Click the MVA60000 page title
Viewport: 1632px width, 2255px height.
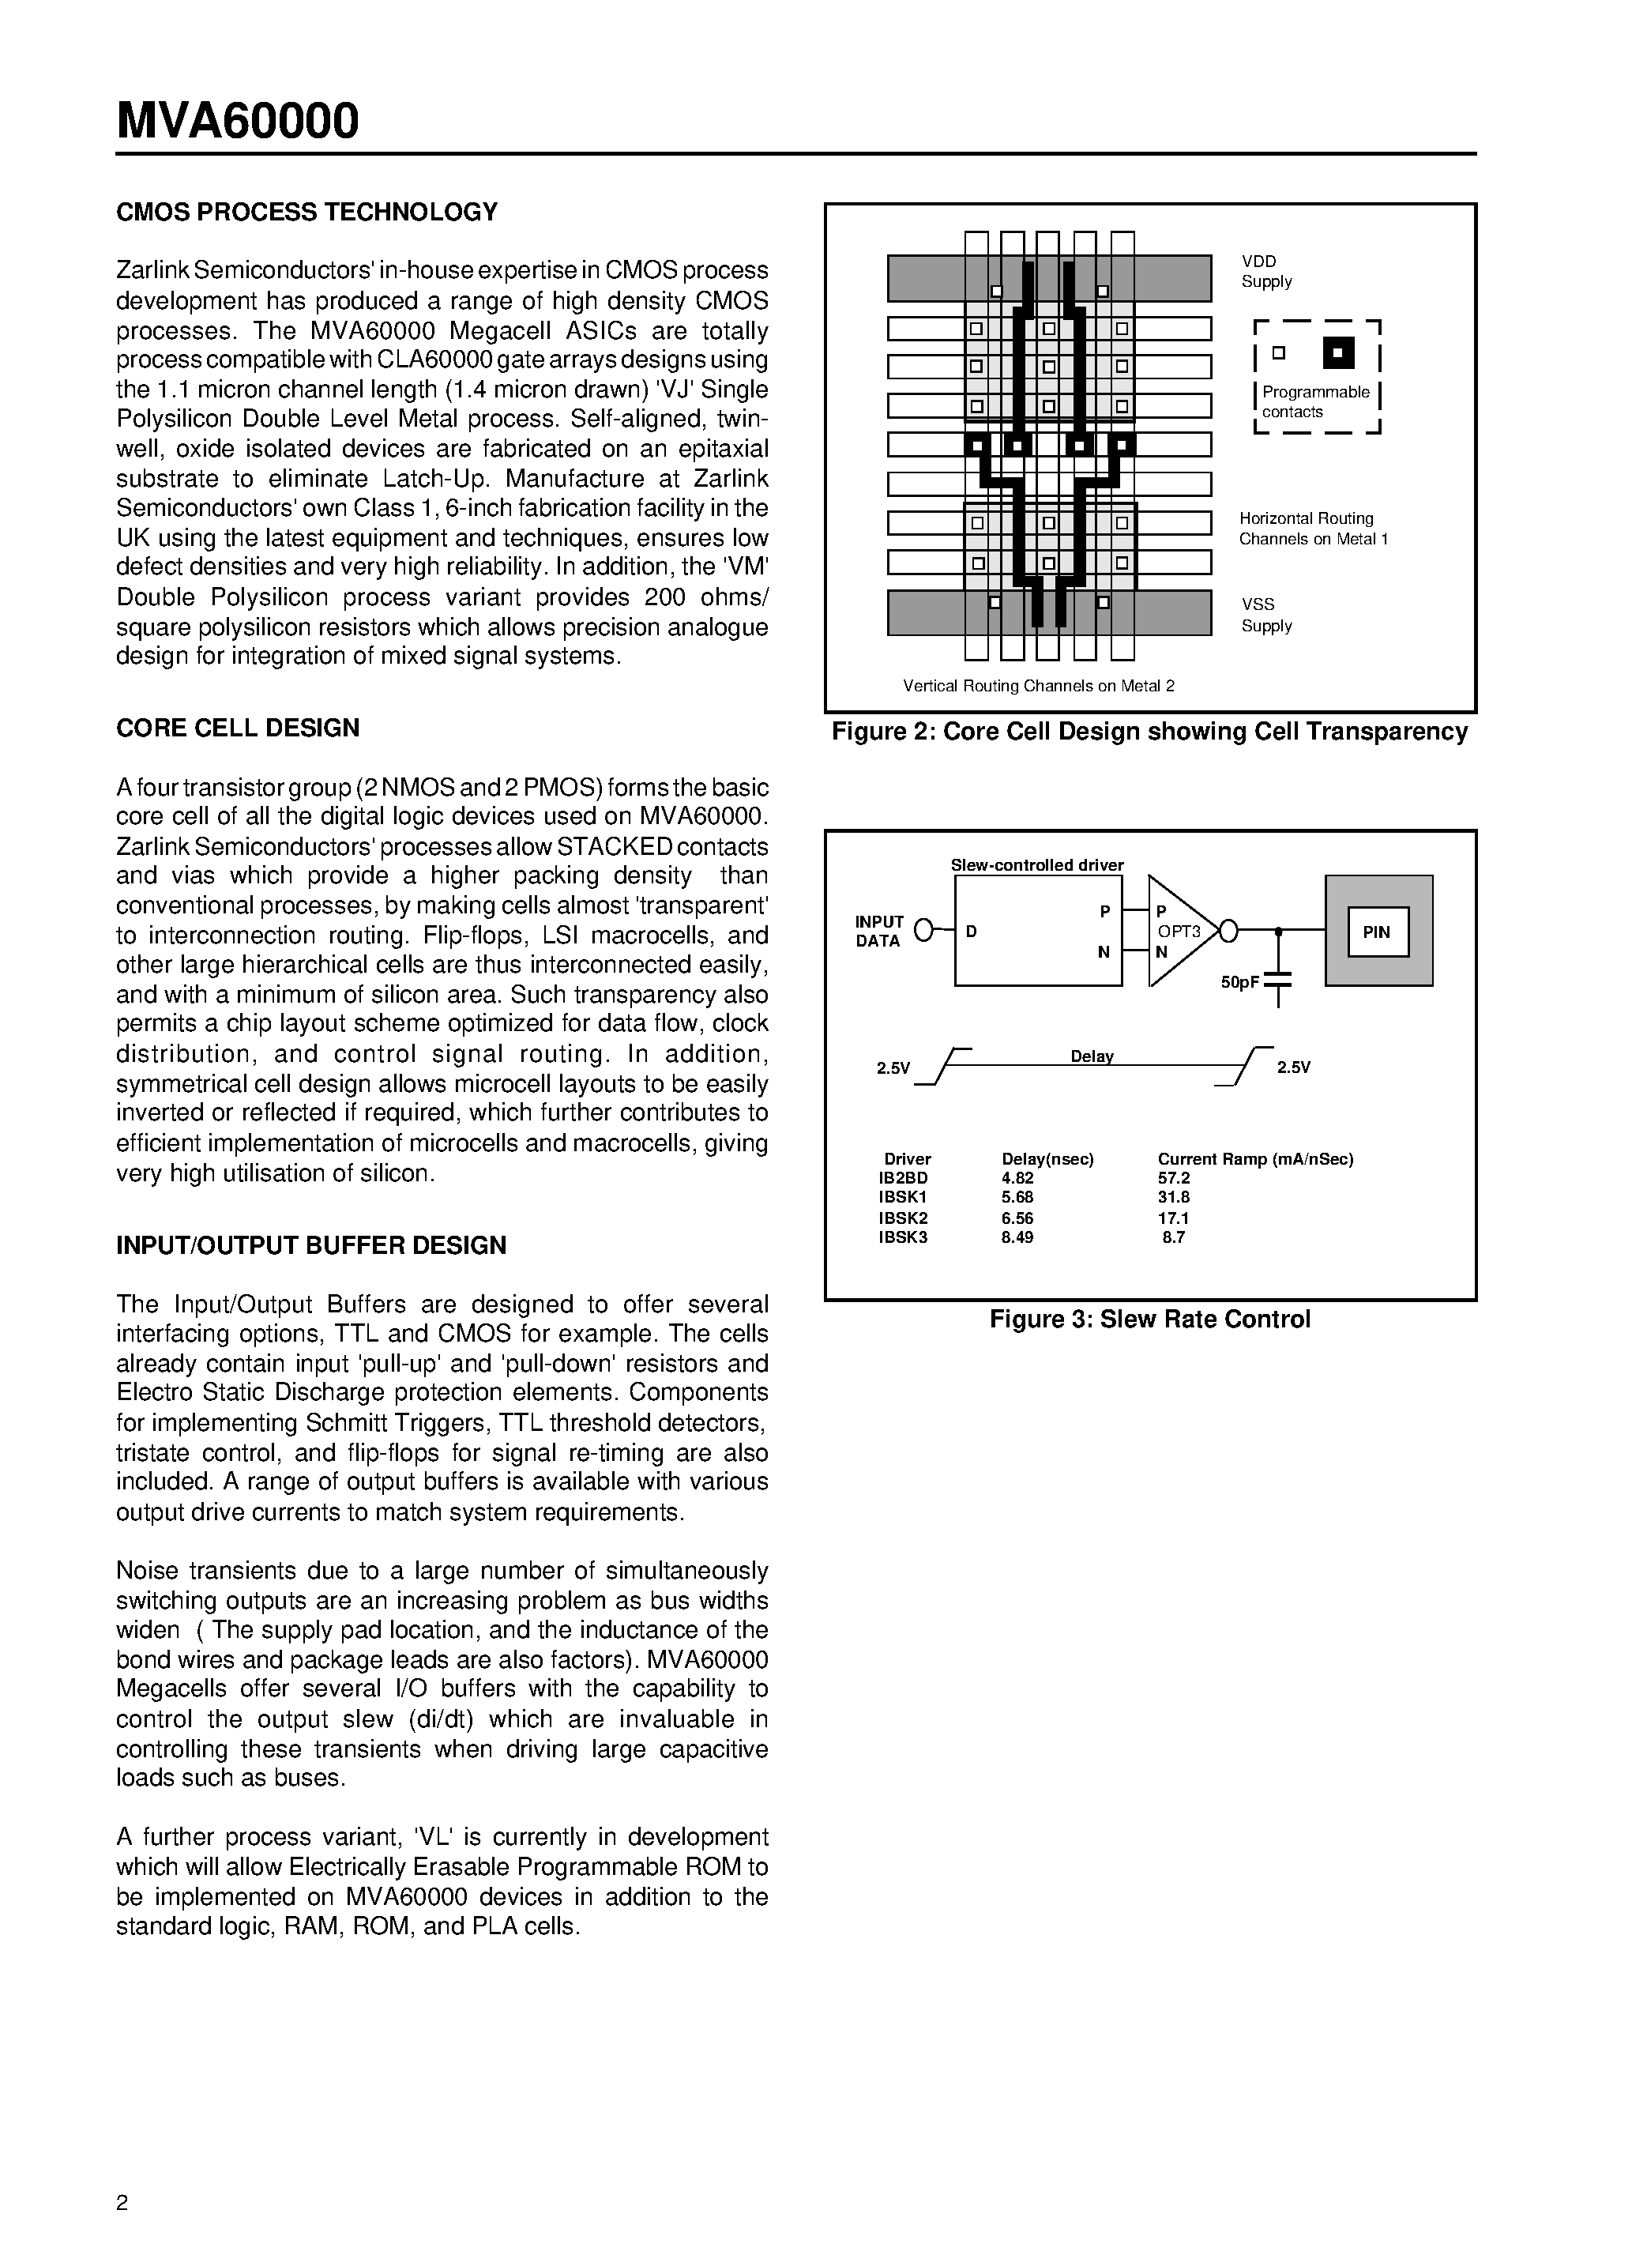[238, 122]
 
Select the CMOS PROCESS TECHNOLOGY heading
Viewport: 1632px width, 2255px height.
[307, 212]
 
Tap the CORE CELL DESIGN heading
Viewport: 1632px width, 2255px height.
[238, 728]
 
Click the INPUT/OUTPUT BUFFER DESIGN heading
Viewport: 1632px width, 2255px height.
[311, 1244]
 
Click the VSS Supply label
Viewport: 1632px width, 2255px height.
[1266, 615]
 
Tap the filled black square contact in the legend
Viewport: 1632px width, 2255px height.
[1339, 352]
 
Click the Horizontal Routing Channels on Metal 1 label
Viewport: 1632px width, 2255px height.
[1313, 529]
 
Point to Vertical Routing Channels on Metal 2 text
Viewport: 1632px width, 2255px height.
[1039, 685]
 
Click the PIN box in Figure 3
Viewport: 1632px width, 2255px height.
[1377, 932]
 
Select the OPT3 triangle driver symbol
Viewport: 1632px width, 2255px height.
[1181, 932]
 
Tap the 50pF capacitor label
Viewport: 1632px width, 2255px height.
[1239, 981]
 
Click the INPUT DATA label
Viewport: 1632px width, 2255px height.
[878, 932]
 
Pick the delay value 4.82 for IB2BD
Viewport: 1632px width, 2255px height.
[1017, 1178]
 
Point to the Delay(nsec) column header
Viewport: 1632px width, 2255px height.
[1047, 1158]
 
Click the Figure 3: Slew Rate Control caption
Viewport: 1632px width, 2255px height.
[1150, 1319]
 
